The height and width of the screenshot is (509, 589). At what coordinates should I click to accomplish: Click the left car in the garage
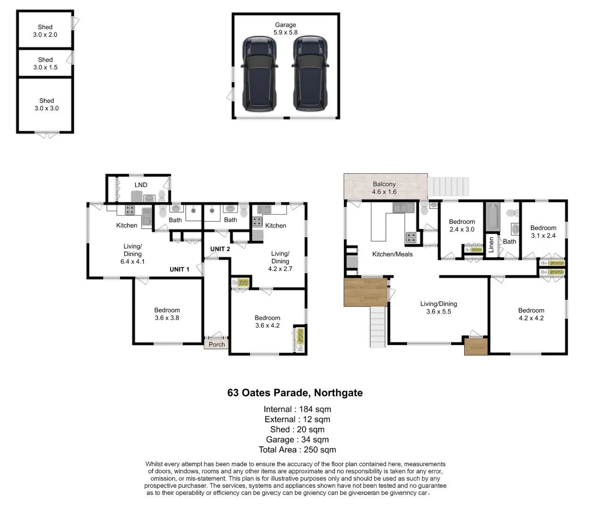[x=259, y=74]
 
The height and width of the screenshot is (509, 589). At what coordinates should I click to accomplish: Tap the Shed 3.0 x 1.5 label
[x=45, y=64]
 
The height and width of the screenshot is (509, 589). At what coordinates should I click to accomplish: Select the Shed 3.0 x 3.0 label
[x=47, y=104]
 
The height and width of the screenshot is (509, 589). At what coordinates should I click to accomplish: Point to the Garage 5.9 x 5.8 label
[x=286, y=29]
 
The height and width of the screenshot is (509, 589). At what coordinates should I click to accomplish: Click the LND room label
[x=141, y=185]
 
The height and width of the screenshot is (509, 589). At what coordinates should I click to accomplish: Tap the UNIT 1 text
[x=180, y=269]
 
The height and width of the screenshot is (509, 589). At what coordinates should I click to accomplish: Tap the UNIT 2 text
[x=220, y=249]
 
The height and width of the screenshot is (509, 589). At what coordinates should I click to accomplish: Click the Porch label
[x=217, y=345]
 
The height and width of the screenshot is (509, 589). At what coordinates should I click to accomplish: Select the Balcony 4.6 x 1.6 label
[x=384, y=188]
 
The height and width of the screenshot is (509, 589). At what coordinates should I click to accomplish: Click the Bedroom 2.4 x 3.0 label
[x=462, y=225]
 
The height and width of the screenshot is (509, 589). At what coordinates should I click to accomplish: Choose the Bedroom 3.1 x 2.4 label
[x=543, y=231]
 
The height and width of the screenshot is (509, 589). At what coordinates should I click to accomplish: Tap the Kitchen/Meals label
[x=392, y=254]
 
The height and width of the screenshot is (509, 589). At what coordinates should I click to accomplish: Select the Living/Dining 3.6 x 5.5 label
[x=438, y=308]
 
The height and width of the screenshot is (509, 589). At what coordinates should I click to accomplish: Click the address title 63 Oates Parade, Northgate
[x=295, y=393]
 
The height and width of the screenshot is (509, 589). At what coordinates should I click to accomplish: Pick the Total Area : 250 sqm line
[x=297, y=450]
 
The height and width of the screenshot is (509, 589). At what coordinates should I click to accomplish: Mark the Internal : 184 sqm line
[x=297, y=409]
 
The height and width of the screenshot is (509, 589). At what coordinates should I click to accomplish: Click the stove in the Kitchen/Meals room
[x=411, y=237]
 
